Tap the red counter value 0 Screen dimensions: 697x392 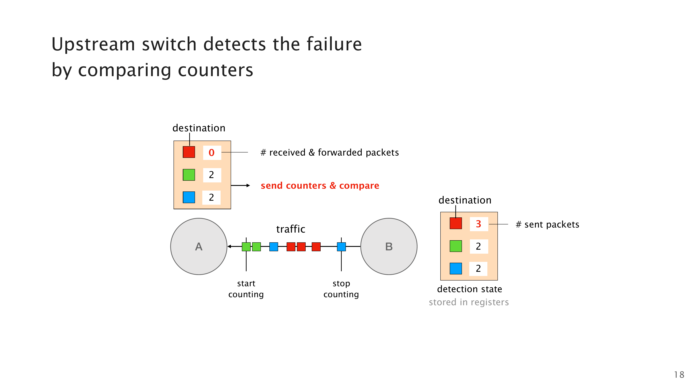tap(212, 153)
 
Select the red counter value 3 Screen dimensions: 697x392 tap(478, 224)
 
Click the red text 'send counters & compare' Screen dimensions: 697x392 tap(320, 186)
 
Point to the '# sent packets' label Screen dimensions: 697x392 tap(547, 225)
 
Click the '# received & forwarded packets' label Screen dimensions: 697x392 tap(330, 153)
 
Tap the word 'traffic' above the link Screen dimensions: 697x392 tap(291, 229)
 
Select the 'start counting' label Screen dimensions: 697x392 tap(246, 289)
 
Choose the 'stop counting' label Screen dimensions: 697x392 tap(341, 289)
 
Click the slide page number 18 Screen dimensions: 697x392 tap(679, 375)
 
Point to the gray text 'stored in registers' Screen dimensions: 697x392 tap(469, 302)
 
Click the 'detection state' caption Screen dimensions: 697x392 tap(469, 289)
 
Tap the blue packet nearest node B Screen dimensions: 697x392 tap(341, 247)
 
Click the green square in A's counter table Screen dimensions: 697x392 tap(189, 175)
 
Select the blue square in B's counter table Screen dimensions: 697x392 tap(456, 268)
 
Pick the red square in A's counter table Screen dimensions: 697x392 tap(189, 152)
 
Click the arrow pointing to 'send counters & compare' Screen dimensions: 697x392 tap(240, 186)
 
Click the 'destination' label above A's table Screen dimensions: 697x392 tap(199, 128)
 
